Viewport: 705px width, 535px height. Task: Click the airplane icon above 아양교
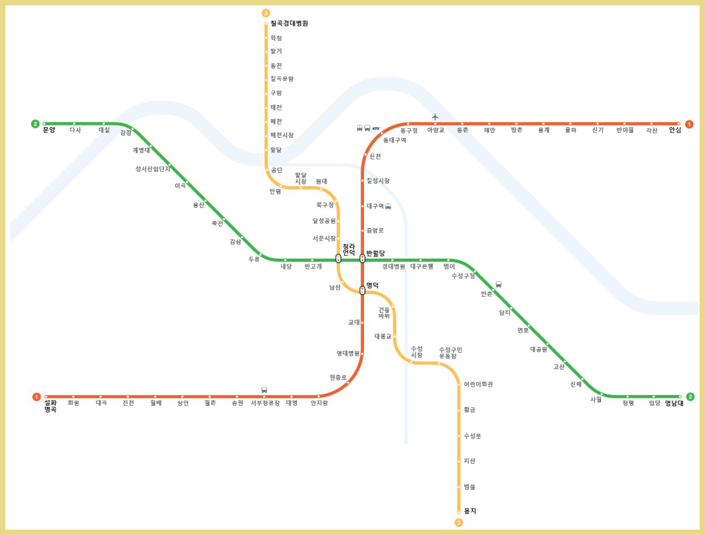(x=435, y=117)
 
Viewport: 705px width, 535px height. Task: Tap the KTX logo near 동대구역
(x=376, y=128)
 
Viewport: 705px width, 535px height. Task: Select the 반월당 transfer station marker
(x=362, y=259)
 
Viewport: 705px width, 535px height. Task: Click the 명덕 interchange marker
(x=362, y=291)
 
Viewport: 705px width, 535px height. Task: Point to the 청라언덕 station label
(x=348, y=250)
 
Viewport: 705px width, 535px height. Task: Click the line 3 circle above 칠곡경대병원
(x=266, y=13)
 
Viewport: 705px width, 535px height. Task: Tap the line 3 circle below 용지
(x=459, y=522)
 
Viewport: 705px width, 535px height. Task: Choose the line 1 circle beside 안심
(x=689, y=124)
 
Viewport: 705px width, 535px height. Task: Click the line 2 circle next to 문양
(x=35, y=124)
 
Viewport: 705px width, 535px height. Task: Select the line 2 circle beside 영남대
(x=691, y=397)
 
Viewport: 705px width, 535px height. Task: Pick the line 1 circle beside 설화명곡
(x=37, y=397)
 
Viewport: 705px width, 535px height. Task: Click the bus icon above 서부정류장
(x=264, y=390)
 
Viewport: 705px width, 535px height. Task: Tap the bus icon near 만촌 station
(x=498, y=284)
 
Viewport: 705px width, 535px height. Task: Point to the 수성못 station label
(x=473, y=436)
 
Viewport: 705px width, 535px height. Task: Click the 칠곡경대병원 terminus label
(x=289, y=24)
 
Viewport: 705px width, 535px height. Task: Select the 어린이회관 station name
(x=478, y=385)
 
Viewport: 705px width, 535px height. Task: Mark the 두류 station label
(x=254, y=259)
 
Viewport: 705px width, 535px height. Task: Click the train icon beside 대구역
(x=388, y=207)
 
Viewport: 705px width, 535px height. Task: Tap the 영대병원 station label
(x=348, y=354)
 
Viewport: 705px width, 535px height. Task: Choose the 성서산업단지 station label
(x=152, y=169)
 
